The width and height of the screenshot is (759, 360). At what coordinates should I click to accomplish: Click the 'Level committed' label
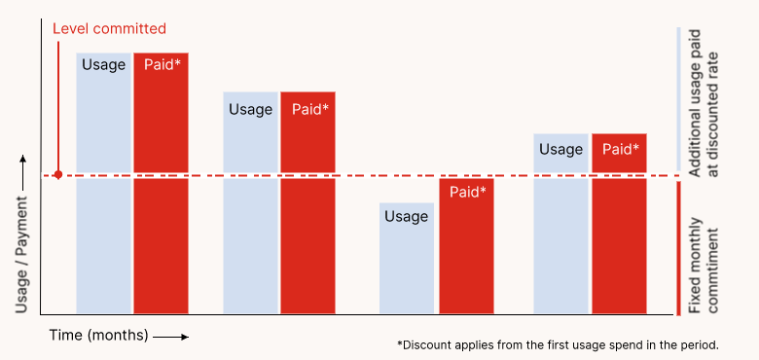109,29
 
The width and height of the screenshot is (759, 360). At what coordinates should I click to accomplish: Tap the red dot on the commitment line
58,175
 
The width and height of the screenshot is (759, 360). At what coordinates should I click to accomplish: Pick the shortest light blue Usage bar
406,258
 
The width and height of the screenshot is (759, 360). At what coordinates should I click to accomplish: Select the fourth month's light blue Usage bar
560,224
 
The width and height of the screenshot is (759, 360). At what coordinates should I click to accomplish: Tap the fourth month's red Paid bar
620,224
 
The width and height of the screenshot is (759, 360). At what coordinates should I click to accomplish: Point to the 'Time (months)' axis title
99,336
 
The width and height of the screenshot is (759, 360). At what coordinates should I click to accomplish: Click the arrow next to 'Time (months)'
170,337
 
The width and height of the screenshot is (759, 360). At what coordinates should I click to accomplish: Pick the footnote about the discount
558,344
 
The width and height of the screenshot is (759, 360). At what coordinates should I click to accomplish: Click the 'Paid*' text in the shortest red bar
467,192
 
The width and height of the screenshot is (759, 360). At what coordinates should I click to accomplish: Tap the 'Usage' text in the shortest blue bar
406,216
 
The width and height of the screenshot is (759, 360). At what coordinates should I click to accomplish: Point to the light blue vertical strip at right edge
678,97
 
